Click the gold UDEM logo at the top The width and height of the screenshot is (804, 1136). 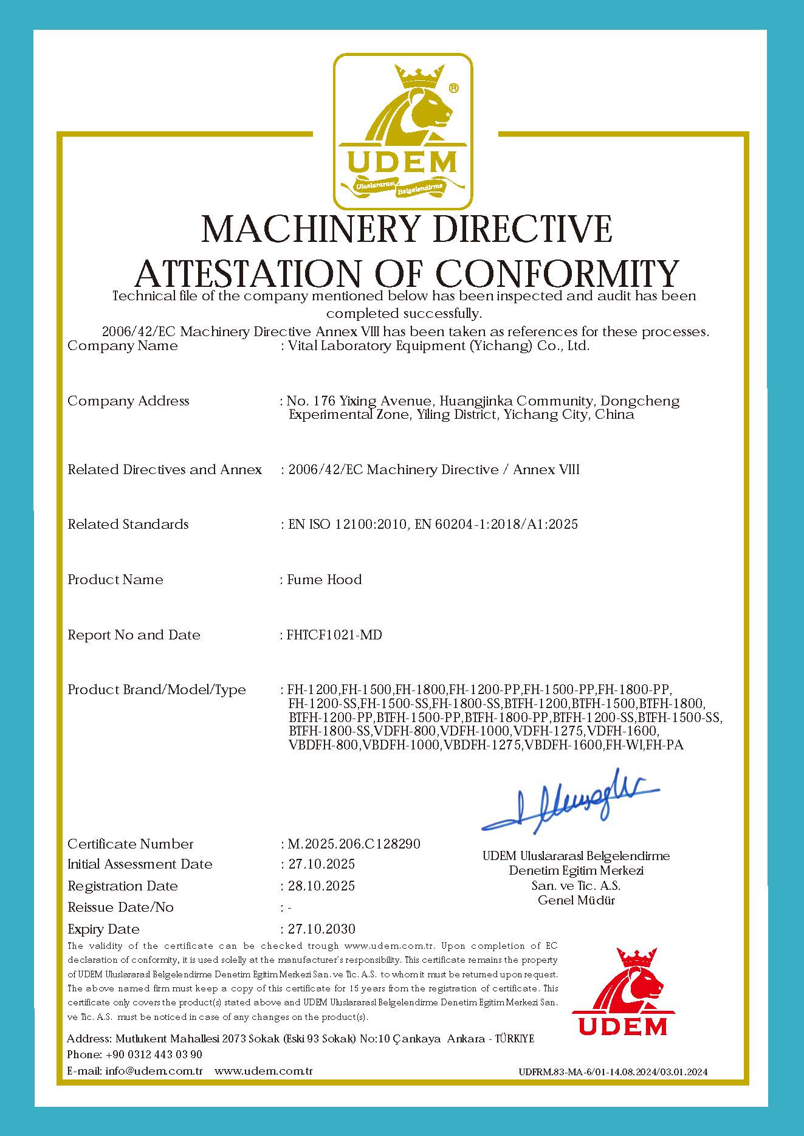(x=402, y=131)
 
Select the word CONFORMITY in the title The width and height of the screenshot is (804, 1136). (x=558, y=274)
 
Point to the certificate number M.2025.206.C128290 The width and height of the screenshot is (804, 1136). (x=354, y=844)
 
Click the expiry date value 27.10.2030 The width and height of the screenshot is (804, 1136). (x=321, y=929)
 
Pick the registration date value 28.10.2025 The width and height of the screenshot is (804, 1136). (x=321, y=886)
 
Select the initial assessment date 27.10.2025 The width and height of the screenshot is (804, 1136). (x=321, y=864)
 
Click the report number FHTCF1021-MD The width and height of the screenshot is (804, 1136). (x=334, y=635)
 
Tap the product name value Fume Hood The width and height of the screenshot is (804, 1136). (x=325, y=579)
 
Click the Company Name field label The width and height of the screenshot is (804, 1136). (x=123, y=346)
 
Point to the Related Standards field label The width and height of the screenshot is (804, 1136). (x=128, y=524)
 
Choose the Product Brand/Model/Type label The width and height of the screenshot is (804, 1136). (x=157, y=689)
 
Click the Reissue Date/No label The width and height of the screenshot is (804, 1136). (x=120, y=907)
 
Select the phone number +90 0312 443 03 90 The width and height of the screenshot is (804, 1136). (x=154, y=1054)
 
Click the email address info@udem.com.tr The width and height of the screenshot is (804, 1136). (x=154, y=1070)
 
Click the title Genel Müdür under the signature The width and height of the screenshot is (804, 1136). (x=576, y=900)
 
